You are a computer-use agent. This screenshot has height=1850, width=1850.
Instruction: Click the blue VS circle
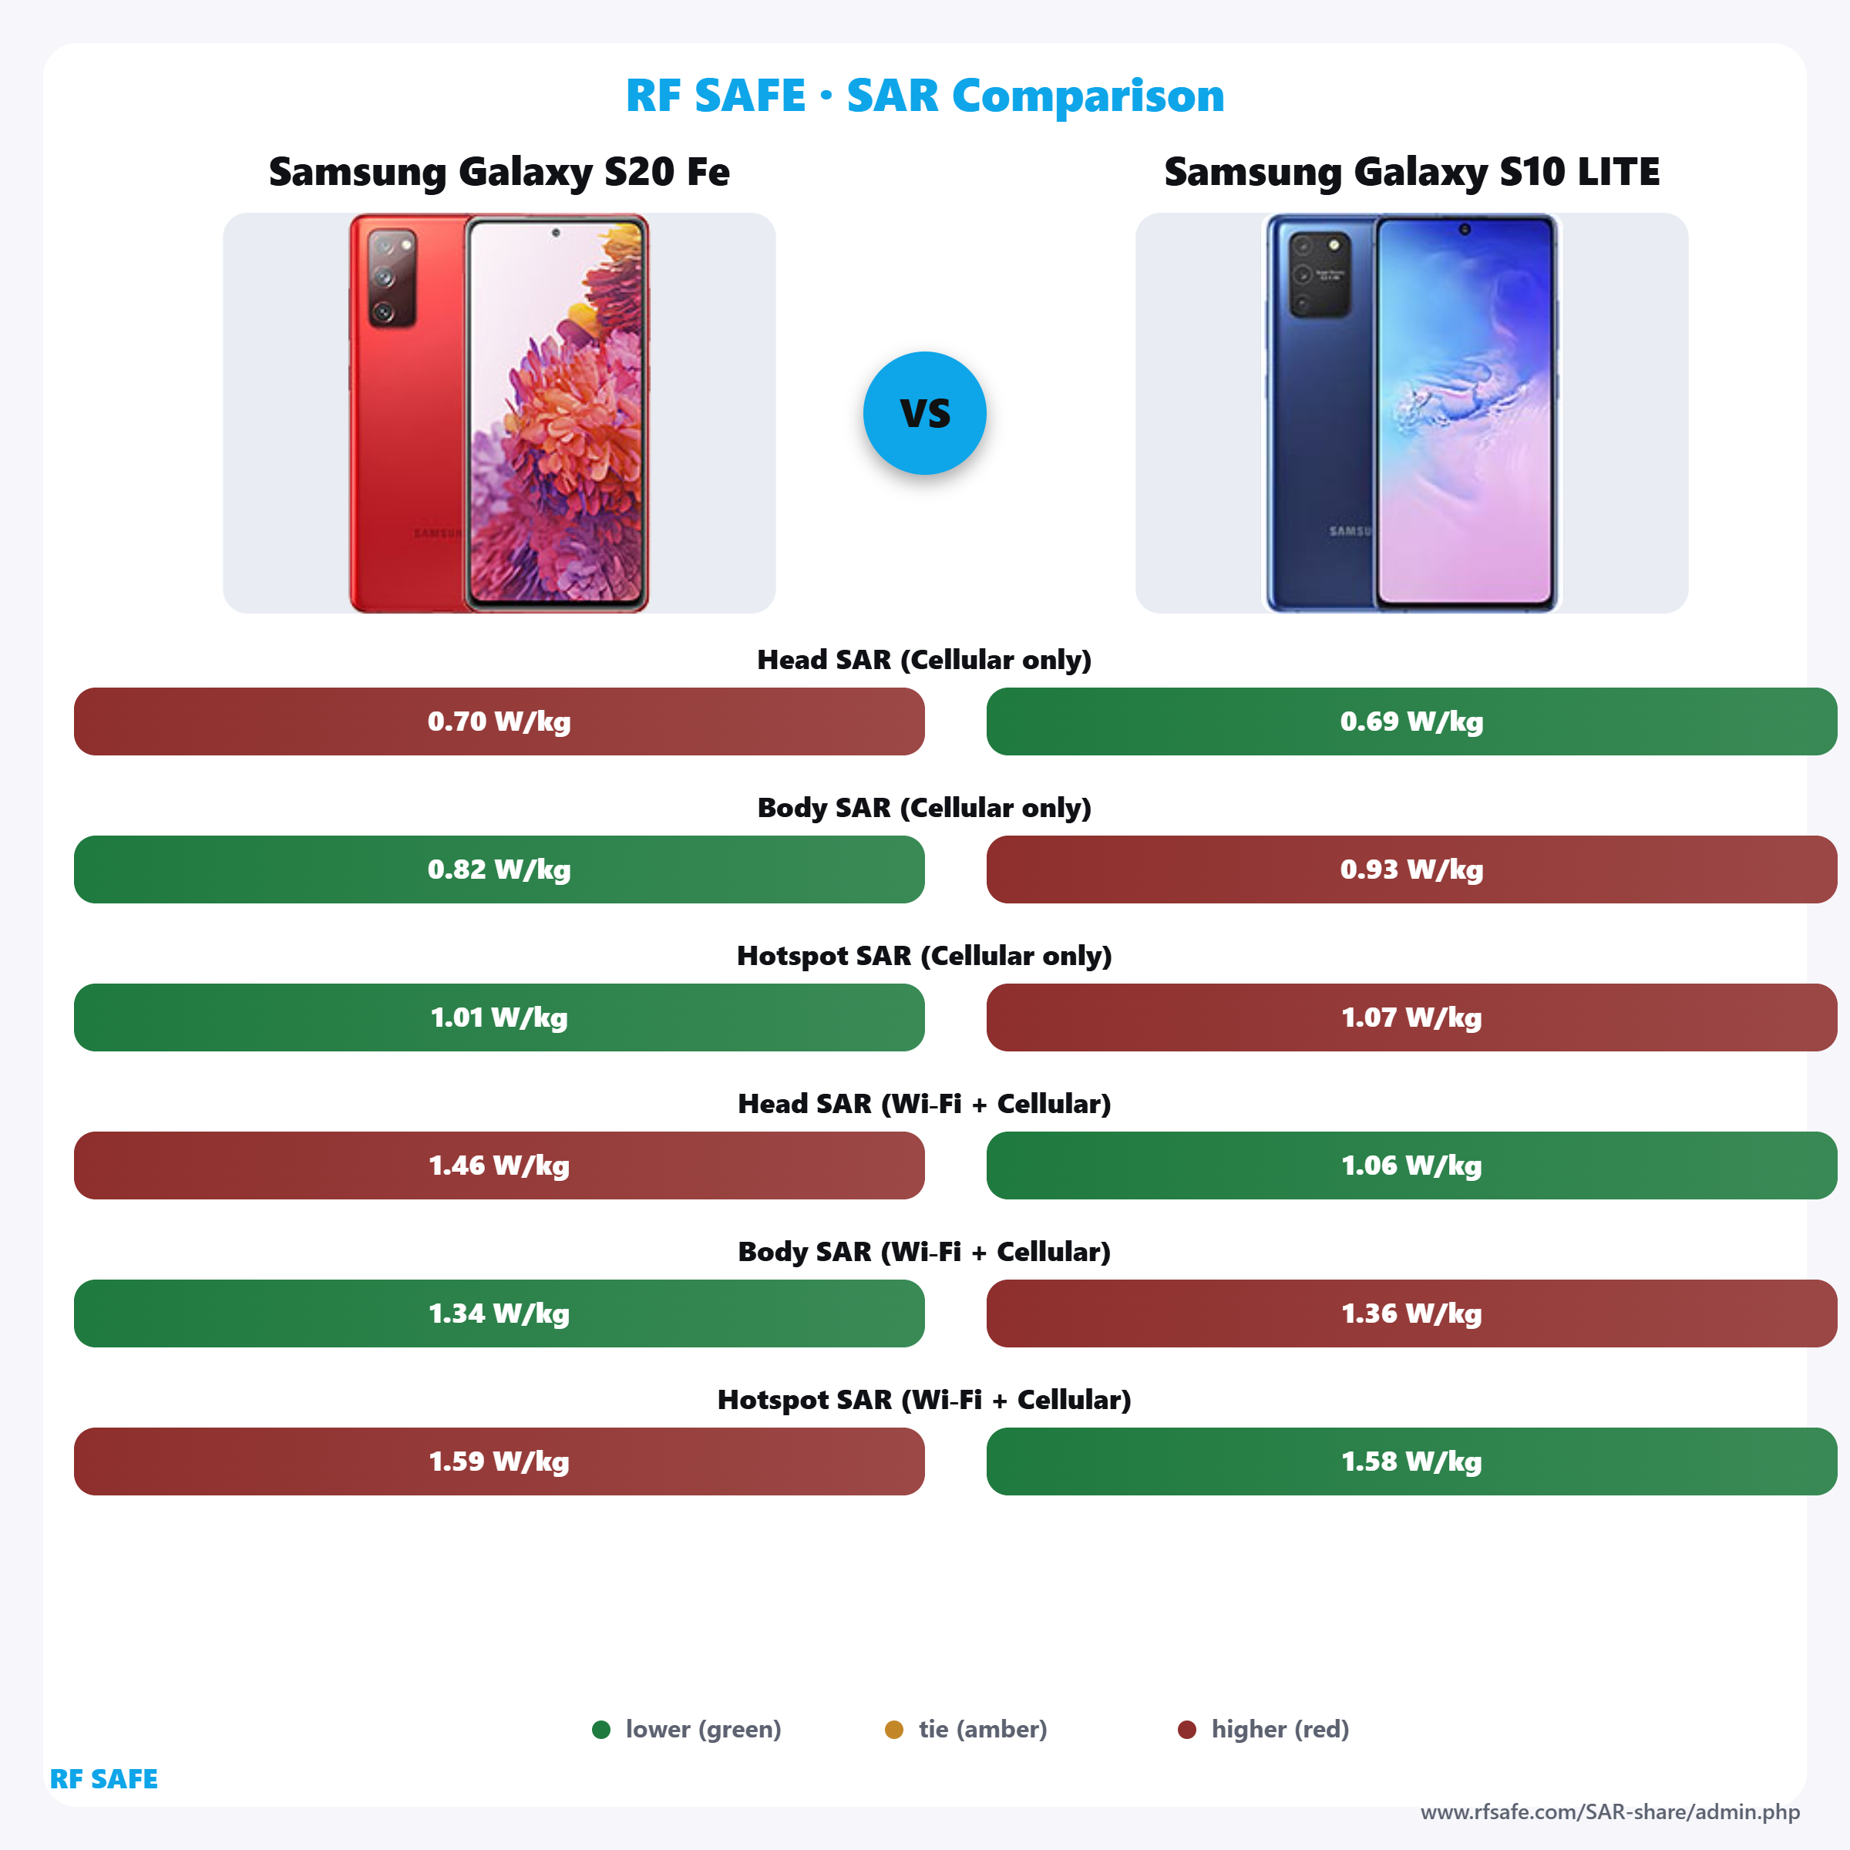click(x=924, y=412)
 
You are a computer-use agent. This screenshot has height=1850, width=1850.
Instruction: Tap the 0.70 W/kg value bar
click(x=499, y=721)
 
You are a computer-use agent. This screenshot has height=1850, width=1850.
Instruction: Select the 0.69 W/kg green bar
click(x=1411, y=721)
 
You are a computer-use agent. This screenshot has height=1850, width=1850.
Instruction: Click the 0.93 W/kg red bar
click(x=1411, y=869)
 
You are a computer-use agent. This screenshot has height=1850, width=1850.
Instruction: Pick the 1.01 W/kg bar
click(x=499, y=1017)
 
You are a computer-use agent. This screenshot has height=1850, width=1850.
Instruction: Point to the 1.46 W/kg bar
click(x=499, y=1165)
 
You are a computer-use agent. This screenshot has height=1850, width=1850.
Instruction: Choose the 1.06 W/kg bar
click(x=1411, y=1165)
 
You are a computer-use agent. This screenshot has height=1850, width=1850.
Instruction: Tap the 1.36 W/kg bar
click(x=1411, y=1313)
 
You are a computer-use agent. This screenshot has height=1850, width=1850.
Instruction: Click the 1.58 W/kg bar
click(x=1411, y=1461)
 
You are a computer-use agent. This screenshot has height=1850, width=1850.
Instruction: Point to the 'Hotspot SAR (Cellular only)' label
click(x=924, y=956)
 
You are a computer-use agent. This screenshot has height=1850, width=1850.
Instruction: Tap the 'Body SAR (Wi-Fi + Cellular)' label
click(x=924, y=1252)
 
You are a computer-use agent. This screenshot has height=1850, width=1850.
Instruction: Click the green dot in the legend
click(x=601, y=1729)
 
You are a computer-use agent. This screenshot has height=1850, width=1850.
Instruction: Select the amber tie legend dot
click(x=893, y=1729)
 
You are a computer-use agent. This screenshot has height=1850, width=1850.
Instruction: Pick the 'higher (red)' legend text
click(x=1280, y=1729)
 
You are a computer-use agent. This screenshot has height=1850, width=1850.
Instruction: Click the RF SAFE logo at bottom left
click(x=103, y=1778)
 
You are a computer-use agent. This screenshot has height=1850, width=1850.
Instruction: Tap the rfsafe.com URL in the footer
click(x=1609, y=1811)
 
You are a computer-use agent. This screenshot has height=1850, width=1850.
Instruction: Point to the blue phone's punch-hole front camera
click(x=1464, y=230)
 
